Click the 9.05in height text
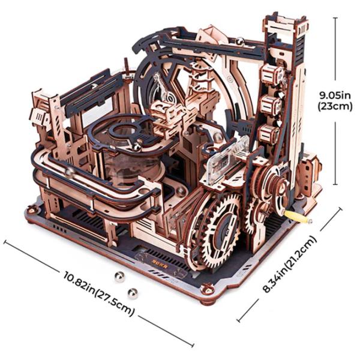335,95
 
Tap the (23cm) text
335,106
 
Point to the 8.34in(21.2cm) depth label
290,263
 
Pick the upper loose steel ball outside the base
120,277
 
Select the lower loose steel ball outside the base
133,293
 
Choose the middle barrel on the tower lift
271,104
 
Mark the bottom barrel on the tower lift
269,134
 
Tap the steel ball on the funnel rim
137,147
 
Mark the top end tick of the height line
335,18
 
